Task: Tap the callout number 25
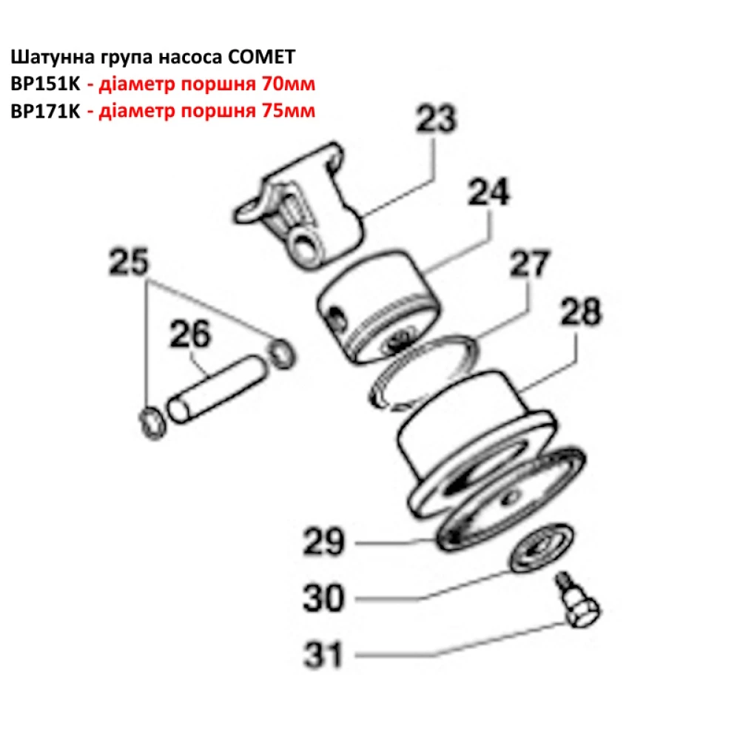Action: click(x=129, y=262)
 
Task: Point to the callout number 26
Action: click(x=190, y=334)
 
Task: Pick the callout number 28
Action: click(x=581, y=313)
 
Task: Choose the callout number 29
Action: click(x=323, y=542)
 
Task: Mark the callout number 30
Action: click(x=323, y=597)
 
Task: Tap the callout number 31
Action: click(x=323, y=654)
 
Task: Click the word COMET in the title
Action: click(x=267, y=56)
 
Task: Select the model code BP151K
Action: click(x=44, y=84)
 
